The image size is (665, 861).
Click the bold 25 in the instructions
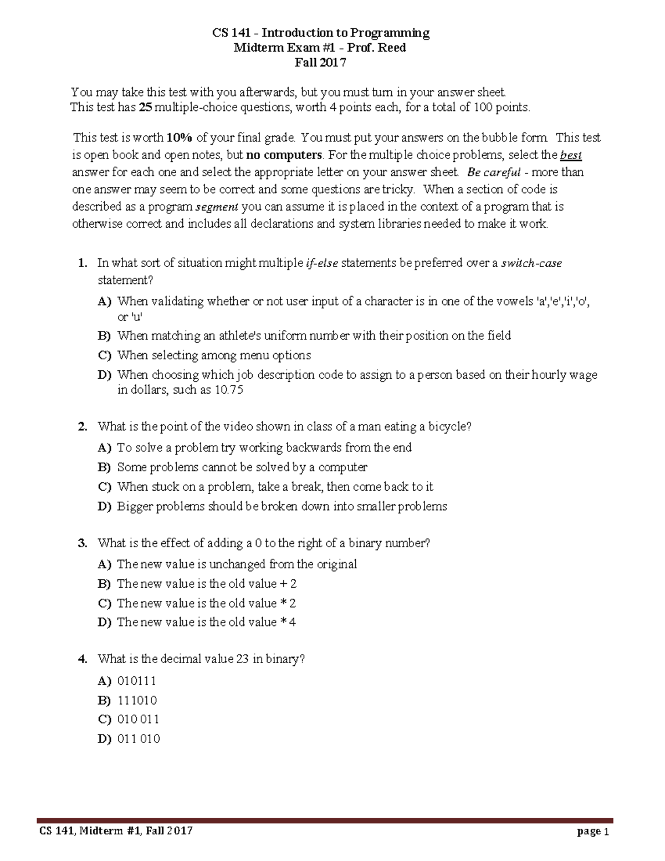click(x=145, y=108)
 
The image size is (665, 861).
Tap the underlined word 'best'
click(x=571, y=155)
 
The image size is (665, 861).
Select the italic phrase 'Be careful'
click(x=494, y=172)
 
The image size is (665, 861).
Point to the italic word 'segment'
click(x=217, y=207)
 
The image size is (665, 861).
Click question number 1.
click(x=83, y=263)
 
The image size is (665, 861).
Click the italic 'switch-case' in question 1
click(x=531, y=263)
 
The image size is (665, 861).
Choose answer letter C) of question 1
click(x=105, y=355)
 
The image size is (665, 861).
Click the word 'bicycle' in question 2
click(x=448, y=426)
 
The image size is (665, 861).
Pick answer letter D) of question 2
click(x=105, y=506)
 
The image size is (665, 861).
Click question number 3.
click(x=83, y=543)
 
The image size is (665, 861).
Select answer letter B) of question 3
click(x=105, y=584)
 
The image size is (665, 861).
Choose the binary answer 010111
click(x=136, y=681)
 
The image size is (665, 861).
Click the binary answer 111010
click(x=137, y=700)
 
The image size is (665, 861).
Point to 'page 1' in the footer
click(x=592, y=831)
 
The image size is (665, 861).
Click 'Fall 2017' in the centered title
click(x=320, y=63)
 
